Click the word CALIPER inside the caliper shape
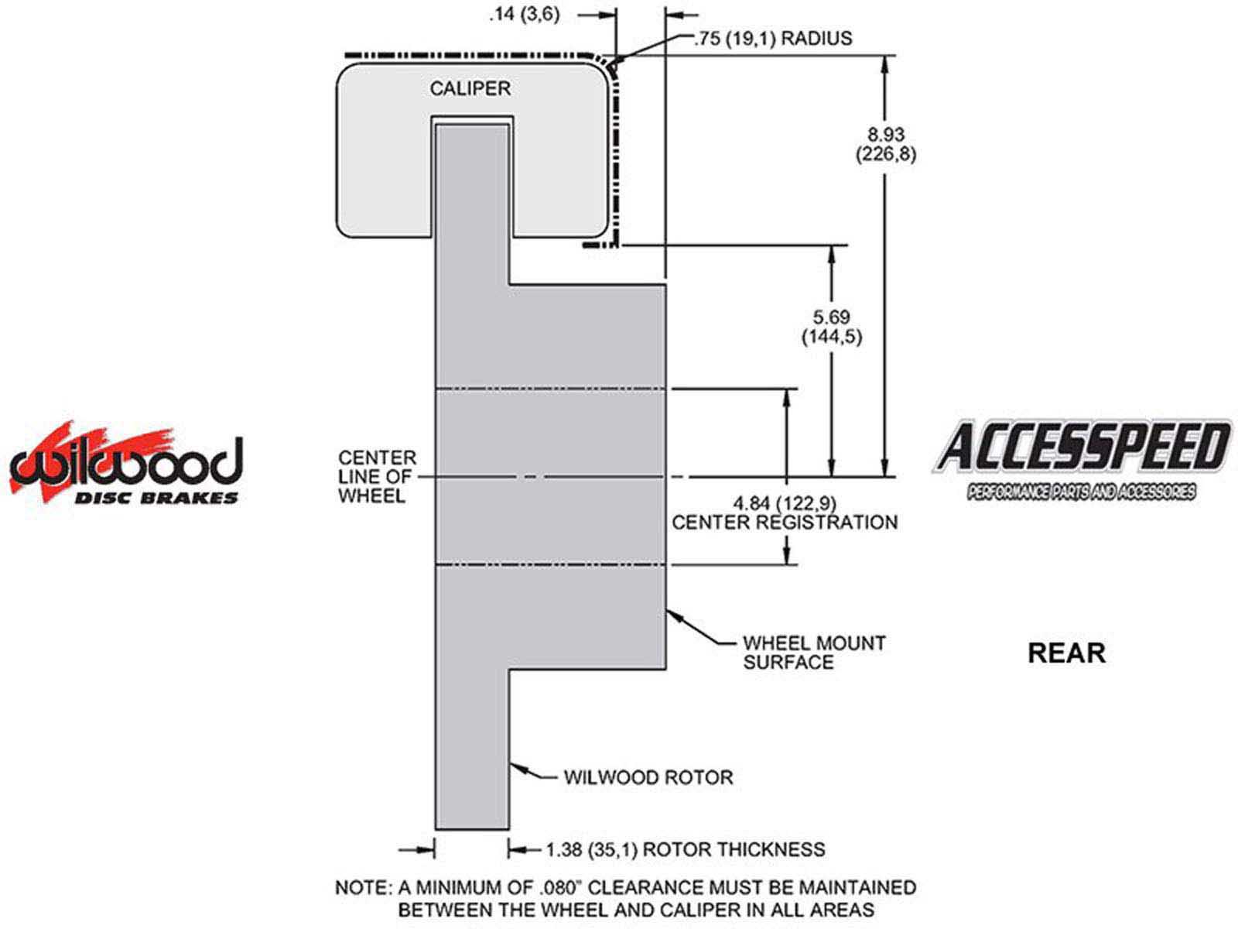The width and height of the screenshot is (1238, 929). tap(470, 88)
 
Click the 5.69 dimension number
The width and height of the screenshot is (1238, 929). tap(832, 317)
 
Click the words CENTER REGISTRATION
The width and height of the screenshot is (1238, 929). tap(784, 523)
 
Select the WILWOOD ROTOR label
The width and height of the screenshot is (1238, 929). tap(648, 777)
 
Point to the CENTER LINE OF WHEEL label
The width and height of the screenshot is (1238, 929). tap(377, 476)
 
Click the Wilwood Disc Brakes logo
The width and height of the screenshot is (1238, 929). tap(125, 465)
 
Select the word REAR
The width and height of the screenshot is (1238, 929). tap(1066, 653)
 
